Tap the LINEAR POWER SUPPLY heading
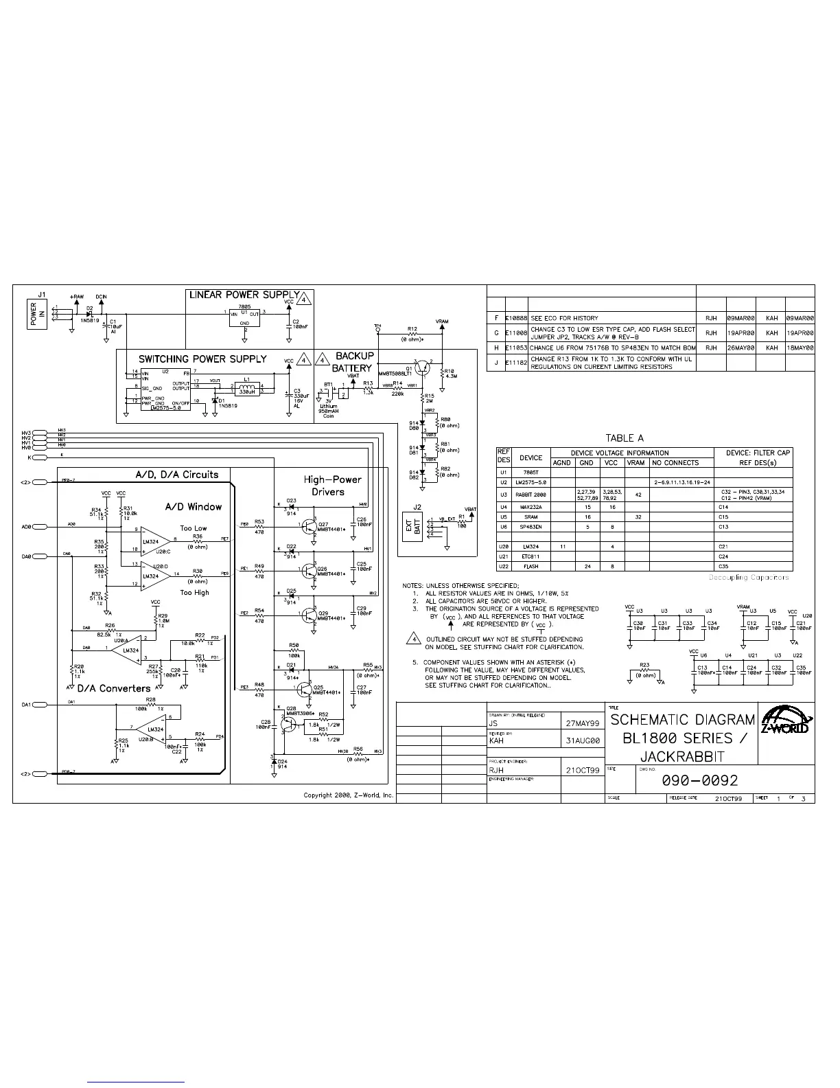tap(244, 295)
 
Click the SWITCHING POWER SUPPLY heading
tap(202, 359)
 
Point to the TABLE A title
tap(624, 438)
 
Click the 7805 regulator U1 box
tap(244, 318)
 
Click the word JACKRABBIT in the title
tap(683, 756)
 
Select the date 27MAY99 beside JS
tap(583, 723)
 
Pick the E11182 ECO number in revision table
tap(517, 362)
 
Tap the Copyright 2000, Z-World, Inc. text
tap(349, 795)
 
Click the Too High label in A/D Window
tap(194, 592)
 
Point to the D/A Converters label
tap(113, 688)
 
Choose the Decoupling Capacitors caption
tap(749, 577)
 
